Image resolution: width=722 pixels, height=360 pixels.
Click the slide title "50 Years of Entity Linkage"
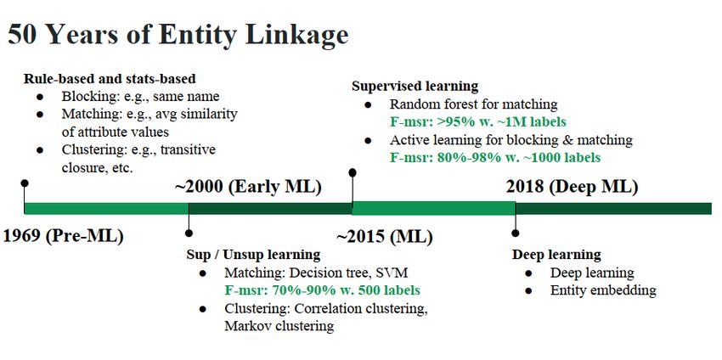pyautogui.click(x=178, y=36)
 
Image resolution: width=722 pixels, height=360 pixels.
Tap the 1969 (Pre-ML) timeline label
pyautogui.click(x=64, y=237)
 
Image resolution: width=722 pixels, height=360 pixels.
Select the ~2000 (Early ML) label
pyautogui.click(x=248, y=188)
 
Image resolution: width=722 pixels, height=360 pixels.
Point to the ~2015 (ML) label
pyautogui.click(x=385, y=237)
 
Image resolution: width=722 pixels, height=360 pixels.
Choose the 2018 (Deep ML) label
pyautogui.click(x=572, y=188)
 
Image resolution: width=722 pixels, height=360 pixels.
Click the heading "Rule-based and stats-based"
pyautogui.click(x=110, y=79)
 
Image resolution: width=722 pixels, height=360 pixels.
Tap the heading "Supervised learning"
pyautogui.click(x=415, y=86)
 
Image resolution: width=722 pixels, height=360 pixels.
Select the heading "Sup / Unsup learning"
pyautogui.click(x=253, y=254)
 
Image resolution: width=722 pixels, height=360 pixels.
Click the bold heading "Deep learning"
pyautogui.click(x=556, y=255)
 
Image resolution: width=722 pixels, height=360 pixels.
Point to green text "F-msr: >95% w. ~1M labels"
pyautogui.click(x=478, y=122)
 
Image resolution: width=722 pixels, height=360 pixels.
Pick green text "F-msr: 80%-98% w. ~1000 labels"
pyautogui.click(x=495, y=157)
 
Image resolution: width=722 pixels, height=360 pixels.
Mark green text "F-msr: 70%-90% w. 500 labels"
pyautogui.click(x=322, y=290)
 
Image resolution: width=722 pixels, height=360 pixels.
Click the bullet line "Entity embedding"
pyautogui.click(x=603, y=290)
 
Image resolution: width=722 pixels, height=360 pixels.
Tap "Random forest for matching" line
pyautogui.click(x=474, y=104)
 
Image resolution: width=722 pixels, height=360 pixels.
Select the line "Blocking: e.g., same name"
pyautogui.click(x=140, y=97)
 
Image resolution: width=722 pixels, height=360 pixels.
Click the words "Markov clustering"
pyautogui.click(x=279, y=326)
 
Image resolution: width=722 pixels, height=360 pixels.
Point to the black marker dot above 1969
pyautogui.click(x=25, y=183)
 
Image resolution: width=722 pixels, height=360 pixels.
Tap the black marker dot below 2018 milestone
pyautogui.click(x=516, y=233)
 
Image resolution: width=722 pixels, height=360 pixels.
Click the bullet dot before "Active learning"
pyautogui.click(x=368, y=141)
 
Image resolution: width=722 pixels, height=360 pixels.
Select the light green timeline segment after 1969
pyautogui.click(x=106, y=209)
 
